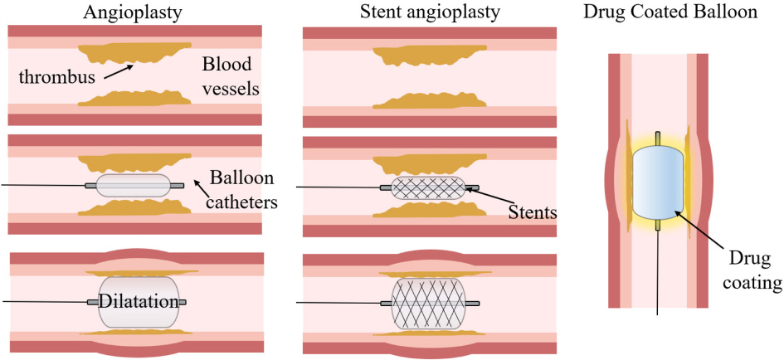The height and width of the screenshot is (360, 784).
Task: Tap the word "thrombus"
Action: [x=56, y=77]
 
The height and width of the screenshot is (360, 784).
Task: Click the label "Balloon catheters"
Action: [x=241, y=188]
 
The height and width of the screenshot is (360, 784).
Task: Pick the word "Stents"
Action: [x=532, y=213]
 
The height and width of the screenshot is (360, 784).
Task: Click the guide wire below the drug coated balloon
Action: [x=658, y=274]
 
